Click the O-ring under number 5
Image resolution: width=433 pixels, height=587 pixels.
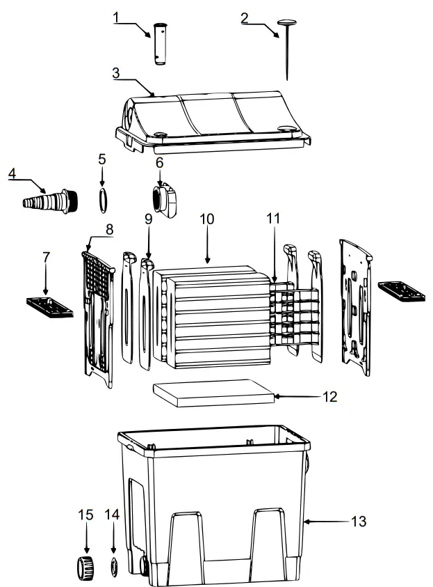tap(103, 198)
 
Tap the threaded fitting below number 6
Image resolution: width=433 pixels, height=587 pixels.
tap(166, 200)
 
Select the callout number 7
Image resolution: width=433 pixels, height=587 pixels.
tap(46, 258)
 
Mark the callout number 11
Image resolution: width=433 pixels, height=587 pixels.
tap(273, 219)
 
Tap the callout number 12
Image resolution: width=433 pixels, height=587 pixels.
tap(329, 397)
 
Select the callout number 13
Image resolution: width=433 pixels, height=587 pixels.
tap(359, 521)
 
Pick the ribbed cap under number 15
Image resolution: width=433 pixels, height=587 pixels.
tap(85, 567)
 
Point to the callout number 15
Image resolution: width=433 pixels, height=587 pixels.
tap(85, 515)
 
